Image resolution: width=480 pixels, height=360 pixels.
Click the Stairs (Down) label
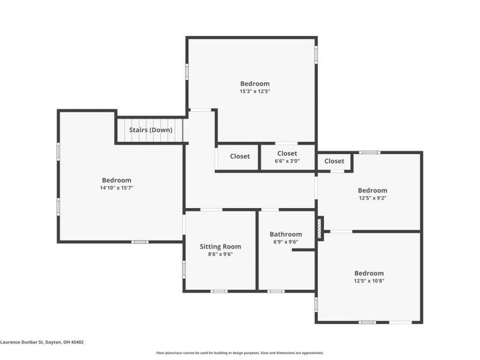tap(151, 130)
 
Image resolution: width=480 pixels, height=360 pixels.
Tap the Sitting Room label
tap(220, 247)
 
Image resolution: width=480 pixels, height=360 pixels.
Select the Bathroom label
tap(286, 234)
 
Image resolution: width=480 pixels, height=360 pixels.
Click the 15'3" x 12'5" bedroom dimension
tap(254, 91)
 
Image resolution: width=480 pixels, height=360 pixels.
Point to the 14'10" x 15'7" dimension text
tap(116, 188)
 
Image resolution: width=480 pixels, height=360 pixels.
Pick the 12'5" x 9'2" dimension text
tap(373, 198)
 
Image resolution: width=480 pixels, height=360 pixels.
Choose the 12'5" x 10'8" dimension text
tap(369, 281)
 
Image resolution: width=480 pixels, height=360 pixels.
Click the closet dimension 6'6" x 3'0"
tap(287, 161)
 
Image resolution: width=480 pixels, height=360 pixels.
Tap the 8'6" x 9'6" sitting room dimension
tap(220, 254)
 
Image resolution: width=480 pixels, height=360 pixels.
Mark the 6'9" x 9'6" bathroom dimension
tap(286, 242)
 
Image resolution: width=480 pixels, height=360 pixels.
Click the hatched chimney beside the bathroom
tap(320, 229)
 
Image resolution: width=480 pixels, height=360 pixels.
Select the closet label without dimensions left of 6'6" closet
tap(239, 156)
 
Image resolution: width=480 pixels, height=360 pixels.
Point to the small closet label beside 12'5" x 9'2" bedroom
tap(334, 161)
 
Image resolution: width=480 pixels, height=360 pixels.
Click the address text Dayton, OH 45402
tap(64, 342)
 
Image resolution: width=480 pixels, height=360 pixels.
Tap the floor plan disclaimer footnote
tap(239, 353)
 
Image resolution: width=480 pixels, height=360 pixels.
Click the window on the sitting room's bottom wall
tap(219, 291)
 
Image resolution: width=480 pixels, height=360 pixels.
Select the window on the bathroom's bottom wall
tap(276, 291)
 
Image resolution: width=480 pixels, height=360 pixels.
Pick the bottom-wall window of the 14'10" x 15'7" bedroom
tap(140, 242)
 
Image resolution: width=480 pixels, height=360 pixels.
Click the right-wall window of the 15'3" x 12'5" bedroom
tap(316, 55)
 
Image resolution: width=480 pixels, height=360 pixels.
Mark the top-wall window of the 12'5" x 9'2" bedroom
tap(370, 152)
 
